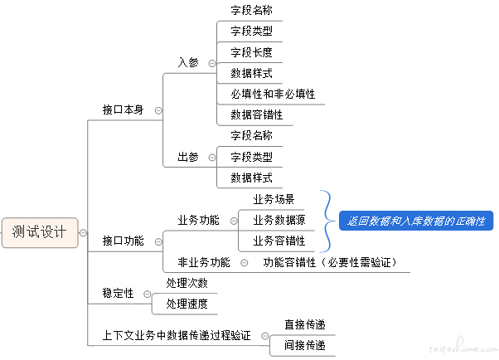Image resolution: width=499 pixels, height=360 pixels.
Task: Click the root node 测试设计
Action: click(x=40, y=232)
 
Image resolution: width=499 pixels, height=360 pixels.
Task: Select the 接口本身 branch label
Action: click(x=123, y=110)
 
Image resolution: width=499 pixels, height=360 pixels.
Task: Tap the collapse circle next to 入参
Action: click(x=212, y=63)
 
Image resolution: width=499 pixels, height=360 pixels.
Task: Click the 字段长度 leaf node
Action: click(x=251, y=52)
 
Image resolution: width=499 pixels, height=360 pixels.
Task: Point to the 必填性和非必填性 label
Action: click(x=273, y=94)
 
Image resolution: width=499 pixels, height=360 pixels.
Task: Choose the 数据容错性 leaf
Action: click(x=256, y=114)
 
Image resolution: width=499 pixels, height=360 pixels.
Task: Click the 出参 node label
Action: click(x=188, y=157)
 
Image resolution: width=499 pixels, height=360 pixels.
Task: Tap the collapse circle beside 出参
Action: click(x=212, y=158)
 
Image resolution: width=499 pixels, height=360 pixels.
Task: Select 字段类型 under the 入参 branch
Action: click(x=251, y=32)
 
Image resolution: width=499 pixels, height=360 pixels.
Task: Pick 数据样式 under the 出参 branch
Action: click(x=251, y=178)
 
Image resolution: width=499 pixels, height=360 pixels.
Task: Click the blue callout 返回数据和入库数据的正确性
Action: click(x=416, y=221)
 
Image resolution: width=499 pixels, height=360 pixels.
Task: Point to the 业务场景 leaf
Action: click(x=274, y=199)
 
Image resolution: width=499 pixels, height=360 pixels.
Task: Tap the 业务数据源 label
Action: click(x=279, y=220)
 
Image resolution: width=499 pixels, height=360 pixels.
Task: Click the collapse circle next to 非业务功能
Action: click(x=244, y=263)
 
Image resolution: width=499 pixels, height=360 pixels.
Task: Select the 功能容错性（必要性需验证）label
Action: click(x=330, y=262)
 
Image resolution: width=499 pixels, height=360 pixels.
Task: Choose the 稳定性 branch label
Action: click(x=118, y=293)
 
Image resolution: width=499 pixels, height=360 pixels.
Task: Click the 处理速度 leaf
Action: click(x=187, y=304)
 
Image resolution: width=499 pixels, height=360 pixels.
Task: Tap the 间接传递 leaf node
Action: click(x=305, y=345)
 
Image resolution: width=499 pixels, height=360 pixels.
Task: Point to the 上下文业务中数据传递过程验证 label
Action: click(x=177, y=335)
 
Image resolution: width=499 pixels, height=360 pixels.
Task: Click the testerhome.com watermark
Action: click(x=463, y=347)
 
